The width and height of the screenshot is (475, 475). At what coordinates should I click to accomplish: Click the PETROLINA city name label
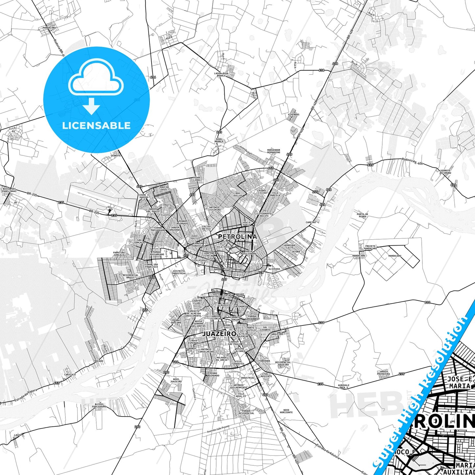(237, 237)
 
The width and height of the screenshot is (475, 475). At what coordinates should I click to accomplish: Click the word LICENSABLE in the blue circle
(96, 125)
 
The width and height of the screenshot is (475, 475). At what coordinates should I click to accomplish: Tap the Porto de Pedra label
(362, 216)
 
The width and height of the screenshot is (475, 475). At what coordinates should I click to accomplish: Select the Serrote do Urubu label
(445, 172)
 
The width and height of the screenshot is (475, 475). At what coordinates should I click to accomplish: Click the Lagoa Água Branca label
(221, 74)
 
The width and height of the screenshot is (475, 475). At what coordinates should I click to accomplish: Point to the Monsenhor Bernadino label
(274, 151)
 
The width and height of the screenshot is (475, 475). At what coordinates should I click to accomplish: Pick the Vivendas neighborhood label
(294, 115)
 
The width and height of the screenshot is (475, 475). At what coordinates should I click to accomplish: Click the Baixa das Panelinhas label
(9, 190)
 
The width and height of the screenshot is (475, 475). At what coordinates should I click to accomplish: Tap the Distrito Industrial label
(179, 272)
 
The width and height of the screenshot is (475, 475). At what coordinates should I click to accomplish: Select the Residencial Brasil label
(131, 276)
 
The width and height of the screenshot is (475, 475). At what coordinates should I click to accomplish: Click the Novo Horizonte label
(286, 411)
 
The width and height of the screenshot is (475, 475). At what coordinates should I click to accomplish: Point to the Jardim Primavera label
(384, 373)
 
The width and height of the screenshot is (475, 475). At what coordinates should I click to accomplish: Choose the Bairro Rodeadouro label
(99, 405)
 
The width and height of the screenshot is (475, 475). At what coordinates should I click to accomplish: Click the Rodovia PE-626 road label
(412, 161)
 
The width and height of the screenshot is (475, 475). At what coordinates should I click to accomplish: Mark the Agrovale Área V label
(344, 386)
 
